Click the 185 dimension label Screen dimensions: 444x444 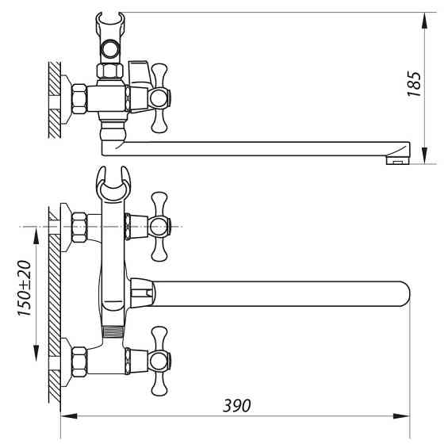coord(414,84)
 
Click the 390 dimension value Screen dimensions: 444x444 coord(237,405)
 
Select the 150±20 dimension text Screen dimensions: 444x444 coord(24,288)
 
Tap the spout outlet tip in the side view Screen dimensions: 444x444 coord(398,160)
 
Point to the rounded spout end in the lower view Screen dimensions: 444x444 coord(404,294)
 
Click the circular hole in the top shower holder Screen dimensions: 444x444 coord(110,49)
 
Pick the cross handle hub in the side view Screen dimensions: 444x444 coord(159,98)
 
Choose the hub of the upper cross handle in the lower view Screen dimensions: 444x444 coord(159,227)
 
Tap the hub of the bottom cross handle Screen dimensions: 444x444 coord(159,361)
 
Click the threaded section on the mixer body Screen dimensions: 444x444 coord(113,331)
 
